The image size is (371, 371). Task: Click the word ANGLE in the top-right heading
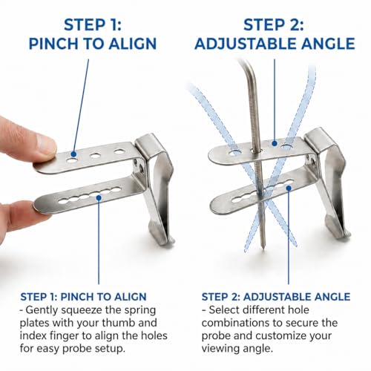(x=329, y=44)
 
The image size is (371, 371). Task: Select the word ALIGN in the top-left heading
(x=133, y=44)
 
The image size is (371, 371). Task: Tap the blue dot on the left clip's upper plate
(x=73, y=154)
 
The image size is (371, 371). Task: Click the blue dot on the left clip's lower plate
(x=99, y=197)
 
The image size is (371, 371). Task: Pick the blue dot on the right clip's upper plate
(x=274, y=143)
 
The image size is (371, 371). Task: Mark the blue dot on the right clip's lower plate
(x=289, y=188)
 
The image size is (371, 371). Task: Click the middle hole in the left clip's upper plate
(x=95, y=156)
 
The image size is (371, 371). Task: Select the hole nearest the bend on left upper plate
(x=119, y=151)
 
